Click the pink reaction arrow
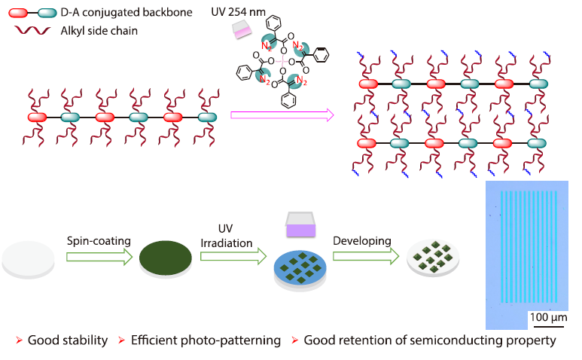click(282, 115)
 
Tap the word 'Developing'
click(362, 240)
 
